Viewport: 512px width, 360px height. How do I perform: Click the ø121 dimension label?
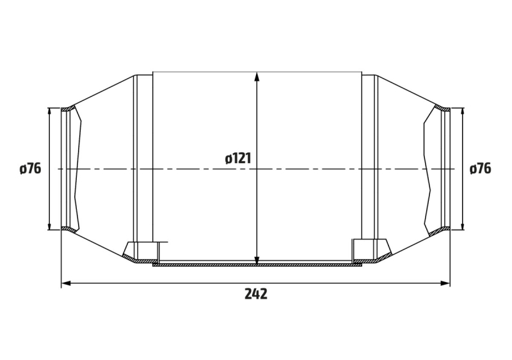238,159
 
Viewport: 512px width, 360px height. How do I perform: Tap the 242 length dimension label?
256,293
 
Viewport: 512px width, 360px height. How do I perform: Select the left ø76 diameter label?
30,169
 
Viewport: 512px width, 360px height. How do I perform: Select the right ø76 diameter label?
481,169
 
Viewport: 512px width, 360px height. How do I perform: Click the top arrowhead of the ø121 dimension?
257,77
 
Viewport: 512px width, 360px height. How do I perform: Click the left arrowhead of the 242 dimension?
67,283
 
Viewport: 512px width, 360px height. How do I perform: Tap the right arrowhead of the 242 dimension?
445,283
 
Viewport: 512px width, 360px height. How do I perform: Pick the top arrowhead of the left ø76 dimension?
49,113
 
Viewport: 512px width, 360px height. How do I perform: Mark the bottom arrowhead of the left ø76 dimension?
49,225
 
